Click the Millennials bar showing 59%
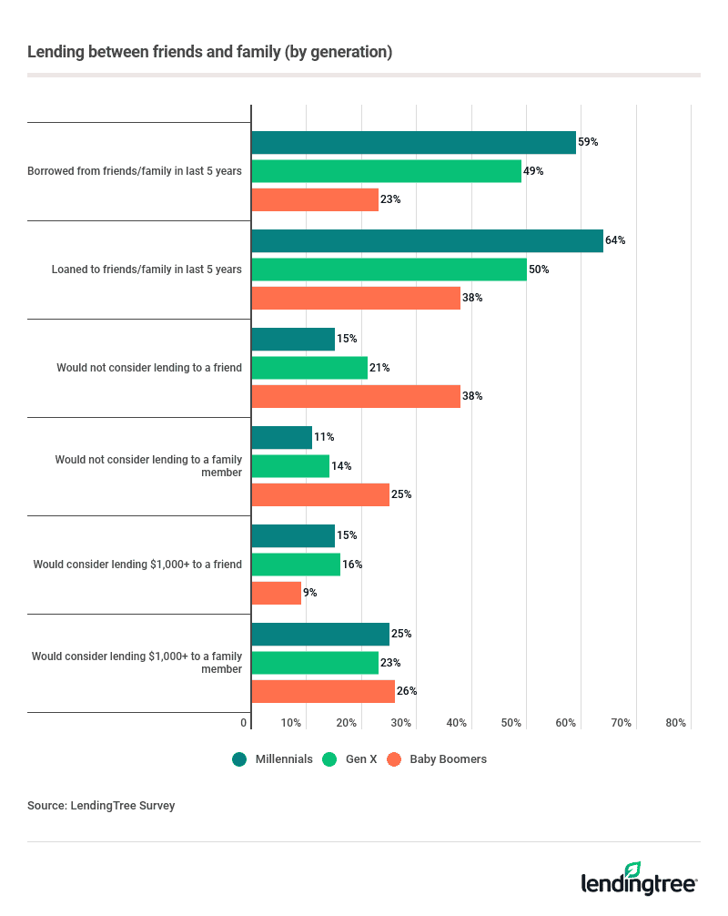click(x=413, y=142)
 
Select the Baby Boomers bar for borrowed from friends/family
click(x=315, y=199)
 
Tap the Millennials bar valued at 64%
click(x=427, y=240)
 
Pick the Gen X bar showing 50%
click(x=389, y=270)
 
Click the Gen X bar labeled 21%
click(x=309, y=368)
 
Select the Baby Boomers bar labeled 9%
click(x=276, y=593)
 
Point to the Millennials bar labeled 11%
click(x=281, y=437)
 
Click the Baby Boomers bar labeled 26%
click(x=323, y=691)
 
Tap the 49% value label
click(x=533, y=171)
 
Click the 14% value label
click(x=341, y=466)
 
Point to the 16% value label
click(x=352, y=565)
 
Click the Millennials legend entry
click(x=273, y=758)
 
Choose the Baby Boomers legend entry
click(x=438, y=758)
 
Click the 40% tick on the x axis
click(x=457, y=723)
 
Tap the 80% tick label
click(x=675, y=723)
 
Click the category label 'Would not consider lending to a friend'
click(x=149, y=368)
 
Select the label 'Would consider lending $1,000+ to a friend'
click(x=137, y=565)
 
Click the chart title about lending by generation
click(x=210, y=52)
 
